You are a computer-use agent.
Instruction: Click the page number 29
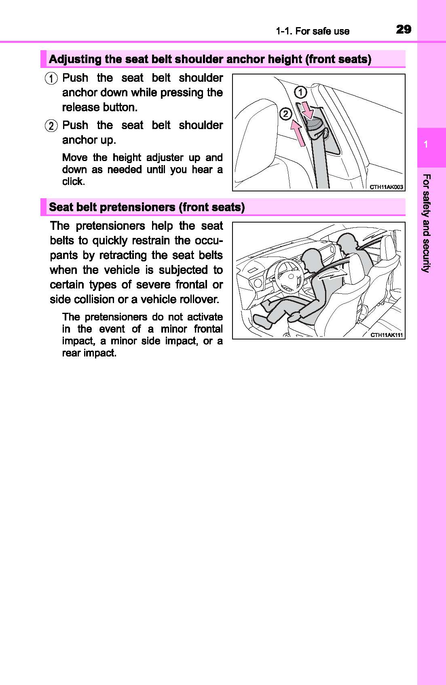pos(404,30)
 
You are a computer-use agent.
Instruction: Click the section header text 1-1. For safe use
pos(312,31)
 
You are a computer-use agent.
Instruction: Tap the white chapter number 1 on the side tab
pos(426,145)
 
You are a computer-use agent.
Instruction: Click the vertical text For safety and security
pos(426,223)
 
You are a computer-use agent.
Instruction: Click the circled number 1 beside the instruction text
pos(51,78)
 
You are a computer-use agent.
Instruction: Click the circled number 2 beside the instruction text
pos(51,126)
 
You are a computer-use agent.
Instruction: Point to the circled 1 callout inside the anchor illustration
pos(300,93)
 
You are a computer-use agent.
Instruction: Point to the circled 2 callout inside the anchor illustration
pos(285,114)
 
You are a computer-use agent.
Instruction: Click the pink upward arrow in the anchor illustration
pos(298,134)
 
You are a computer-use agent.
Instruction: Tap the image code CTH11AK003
pos(387,187)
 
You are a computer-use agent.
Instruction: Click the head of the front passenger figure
pos(347,243)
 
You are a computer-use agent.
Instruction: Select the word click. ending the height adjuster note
pos(74,182)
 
